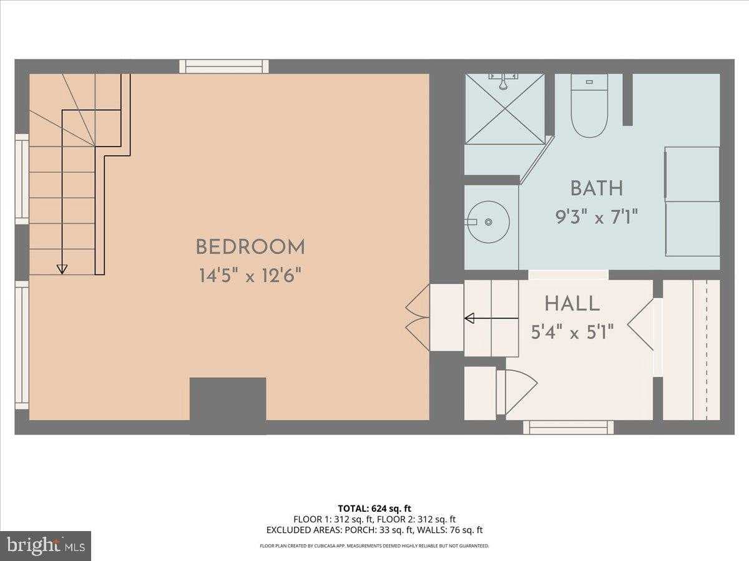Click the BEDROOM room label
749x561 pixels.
pos(250,247)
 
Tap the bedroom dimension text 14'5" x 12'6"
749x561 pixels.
pos(250,276)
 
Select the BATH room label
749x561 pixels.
pos(596,188)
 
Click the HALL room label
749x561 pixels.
pos(572,304)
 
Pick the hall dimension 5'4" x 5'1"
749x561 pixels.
pos(572,332)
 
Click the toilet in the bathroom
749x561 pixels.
pos(589,107)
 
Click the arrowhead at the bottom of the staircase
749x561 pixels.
pos(61,269)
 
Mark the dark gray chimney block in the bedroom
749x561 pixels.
pos(228,399)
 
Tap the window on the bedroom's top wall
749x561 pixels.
pos(224,66)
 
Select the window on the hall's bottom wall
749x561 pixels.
pos(568,427)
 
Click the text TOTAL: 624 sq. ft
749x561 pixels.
pos(374,509)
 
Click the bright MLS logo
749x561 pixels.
pos(46,546)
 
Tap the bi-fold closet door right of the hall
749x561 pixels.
pos(643,324)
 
